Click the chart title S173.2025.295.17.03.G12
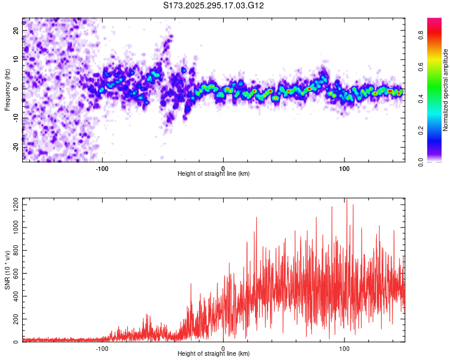(x=214, y=5)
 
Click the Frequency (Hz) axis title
(x=7, y=89)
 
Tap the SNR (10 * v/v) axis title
(x=7, y=270)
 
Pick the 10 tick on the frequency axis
(x=16, y=59)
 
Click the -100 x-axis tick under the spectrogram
(x=103, y=167)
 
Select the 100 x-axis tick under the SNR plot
(x=344, y=348)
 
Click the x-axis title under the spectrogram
(x=214, y=174)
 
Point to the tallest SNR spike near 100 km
(x=347, y=200)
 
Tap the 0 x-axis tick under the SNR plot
(x=223, y=348)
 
